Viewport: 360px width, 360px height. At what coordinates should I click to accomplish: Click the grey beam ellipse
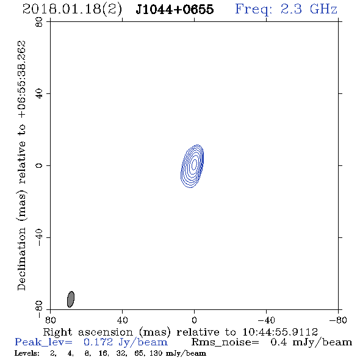tap(71, 299)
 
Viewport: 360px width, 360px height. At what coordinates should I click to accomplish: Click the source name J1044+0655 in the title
tap(175, 9)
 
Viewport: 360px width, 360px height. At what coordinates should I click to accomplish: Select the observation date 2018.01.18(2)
tap(72, 9)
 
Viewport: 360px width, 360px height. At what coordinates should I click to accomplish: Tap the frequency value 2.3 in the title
tap(291, 9)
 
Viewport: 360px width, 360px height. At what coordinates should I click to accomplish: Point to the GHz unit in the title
tap(323, 9)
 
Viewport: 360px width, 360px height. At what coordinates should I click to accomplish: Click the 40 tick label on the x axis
tap(122, 320)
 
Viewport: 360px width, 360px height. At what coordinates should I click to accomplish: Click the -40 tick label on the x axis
tap(266, 320)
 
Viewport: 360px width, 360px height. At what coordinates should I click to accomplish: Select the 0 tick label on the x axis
tap(194, 320)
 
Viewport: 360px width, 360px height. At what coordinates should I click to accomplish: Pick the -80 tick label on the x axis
tap(338, 320)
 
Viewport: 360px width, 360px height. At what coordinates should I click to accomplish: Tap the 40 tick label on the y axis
tap(39, 94)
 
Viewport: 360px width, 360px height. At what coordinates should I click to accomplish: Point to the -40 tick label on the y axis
tap(39, 237)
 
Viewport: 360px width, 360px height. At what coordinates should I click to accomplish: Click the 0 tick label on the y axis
tap(39, 165)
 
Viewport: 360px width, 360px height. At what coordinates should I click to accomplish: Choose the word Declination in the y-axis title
tap(21, 259)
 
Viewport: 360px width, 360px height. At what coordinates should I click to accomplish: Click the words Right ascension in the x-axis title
tap(88, 332)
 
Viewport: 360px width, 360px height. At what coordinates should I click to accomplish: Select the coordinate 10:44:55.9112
tap(280, 332)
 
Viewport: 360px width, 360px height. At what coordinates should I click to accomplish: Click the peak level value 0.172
tap(98, 342)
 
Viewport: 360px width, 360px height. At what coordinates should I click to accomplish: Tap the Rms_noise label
tap(225, 342)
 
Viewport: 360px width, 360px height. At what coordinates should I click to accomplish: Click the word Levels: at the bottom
tap(27, 353)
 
